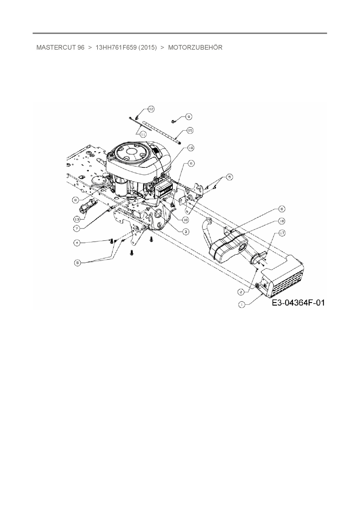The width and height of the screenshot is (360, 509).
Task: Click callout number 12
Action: click(x=151, y=109)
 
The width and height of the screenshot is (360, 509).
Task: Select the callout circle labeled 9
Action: click(x=188, y=117)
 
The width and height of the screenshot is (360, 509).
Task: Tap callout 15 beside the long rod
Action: click(x=190, y=131)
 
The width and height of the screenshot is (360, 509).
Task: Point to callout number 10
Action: click(x=191, y=148)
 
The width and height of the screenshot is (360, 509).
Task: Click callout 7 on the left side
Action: click(x=77, y=228)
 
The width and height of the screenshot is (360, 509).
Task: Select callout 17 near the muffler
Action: click(x=273, y=233)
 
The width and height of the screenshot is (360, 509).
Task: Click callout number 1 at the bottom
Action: click(x=242, y=304)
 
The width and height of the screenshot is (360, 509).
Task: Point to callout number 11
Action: click(x=143, y=134)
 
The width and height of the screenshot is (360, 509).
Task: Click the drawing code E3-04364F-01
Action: click(x=298, y=303)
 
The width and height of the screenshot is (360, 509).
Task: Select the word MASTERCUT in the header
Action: click(x=56, y=48)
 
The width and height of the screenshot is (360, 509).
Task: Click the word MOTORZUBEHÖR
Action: click(x=195, y=48)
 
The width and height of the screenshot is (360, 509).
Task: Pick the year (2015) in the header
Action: click(x=148, y=48)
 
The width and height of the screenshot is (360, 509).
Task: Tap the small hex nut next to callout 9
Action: click(x=173, y=121)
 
